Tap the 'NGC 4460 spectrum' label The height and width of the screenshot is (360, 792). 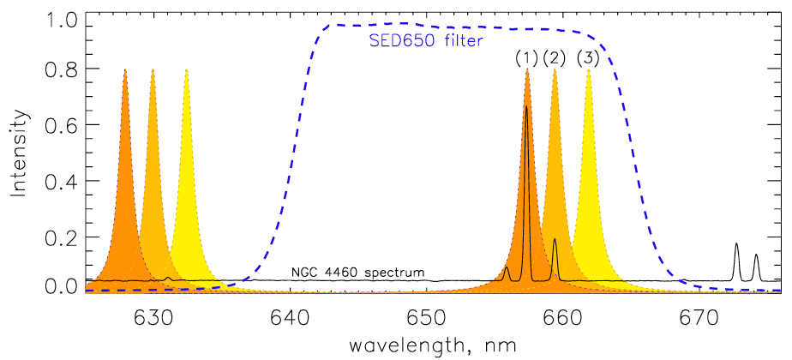[357, 273]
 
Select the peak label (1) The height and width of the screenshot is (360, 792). [526, 58]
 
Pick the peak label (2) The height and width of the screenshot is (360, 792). [555, 58]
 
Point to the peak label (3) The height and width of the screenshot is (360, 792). [588, 58]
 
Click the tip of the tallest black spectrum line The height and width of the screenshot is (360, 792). [526, 106]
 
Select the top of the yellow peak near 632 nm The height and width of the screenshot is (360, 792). [187, 70]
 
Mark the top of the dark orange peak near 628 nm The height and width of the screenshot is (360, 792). [125, 70]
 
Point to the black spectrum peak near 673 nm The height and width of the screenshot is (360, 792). [736, 244]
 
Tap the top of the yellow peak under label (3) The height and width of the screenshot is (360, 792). [589, 70]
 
